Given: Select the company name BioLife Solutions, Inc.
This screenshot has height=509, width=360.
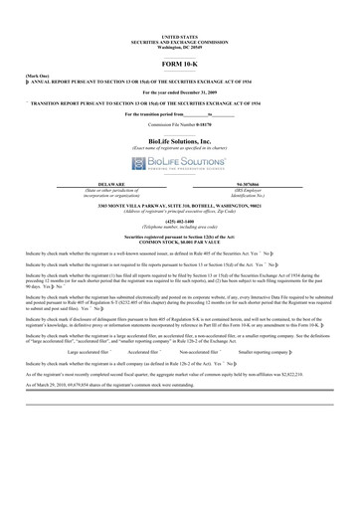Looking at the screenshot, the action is tap(179, 140).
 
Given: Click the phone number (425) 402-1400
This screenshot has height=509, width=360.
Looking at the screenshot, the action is tap(179, 222).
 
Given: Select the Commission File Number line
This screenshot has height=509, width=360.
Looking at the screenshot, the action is tap(179, 125).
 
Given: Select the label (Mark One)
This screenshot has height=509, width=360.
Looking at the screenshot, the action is tap(22, 74).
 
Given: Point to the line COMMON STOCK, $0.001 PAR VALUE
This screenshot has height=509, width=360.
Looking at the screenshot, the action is tap(179, 245).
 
